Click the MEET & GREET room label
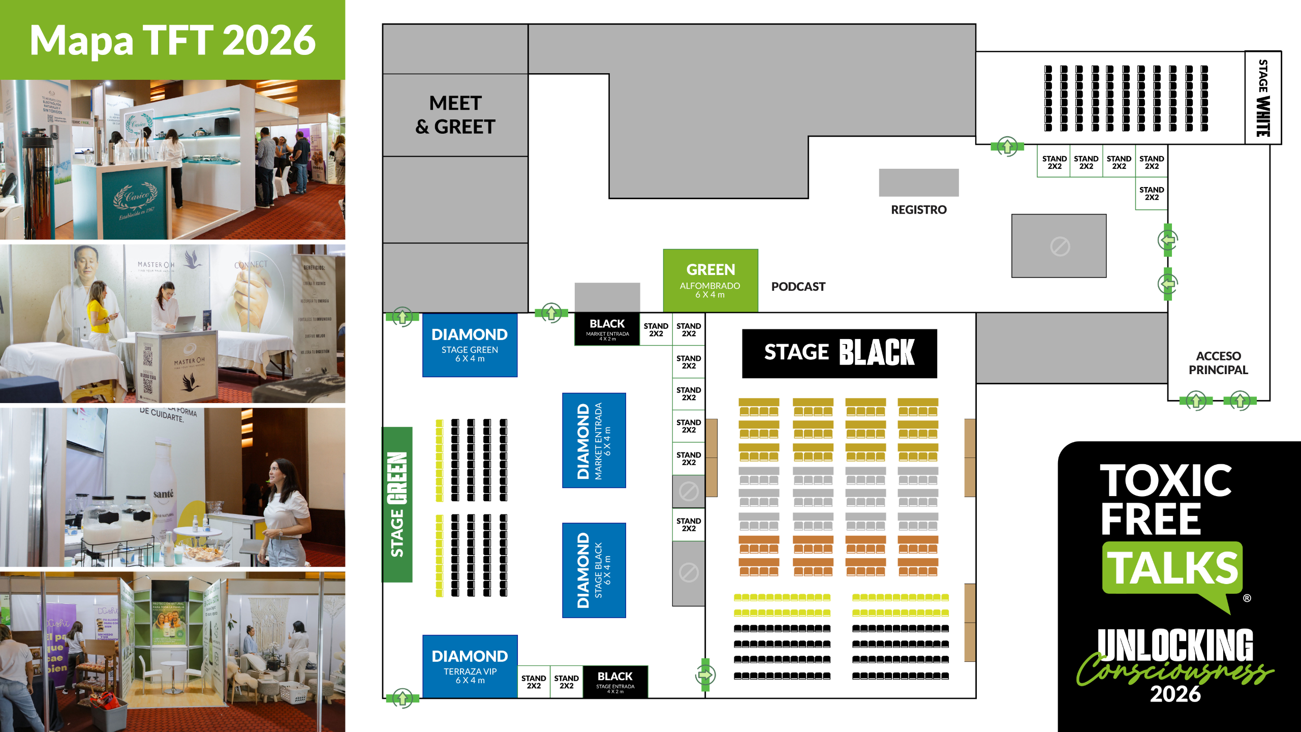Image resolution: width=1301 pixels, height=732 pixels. (x=455, y=115)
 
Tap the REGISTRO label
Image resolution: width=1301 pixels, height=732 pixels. (x=918, y=209)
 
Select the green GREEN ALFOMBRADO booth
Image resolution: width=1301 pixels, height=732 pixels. (x=710, y=280)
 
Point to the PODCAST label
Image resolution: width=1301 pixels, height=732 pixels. (x=798, y=287)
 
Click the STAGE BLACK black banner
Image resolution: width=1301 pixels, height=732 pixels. (x=839, y=353)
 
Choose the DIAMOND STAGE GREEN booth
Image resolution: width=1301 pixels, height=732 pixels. (x=470, y=345)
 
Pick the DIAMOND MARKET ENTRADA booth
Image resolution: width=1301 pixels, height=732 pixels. (x=594, y=440)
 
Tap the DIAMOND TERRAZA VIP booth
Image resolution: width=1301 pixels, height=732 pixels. (x=470, y=666)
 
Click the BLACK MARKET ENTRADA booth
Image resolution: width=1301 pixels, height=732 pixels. (x=607, y=329)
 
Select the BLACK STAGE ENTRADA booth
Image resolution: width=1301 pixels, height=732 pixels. (x=615, y=681)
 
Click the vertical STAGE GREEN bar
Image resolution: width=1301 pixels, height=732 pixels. (x=397, y=504)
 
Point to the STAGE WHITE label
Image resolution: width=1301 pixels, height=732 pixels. (x=1263, y=98)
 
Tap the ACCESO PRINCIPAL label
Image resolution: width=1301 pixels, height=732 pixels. (x=1218, y=363)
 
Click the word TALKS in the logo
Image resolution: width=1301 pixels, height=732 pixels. (x=1172, y=568)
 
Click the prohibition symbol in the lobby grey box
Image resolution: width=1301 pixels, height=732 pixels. (x=1060, y=247)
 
